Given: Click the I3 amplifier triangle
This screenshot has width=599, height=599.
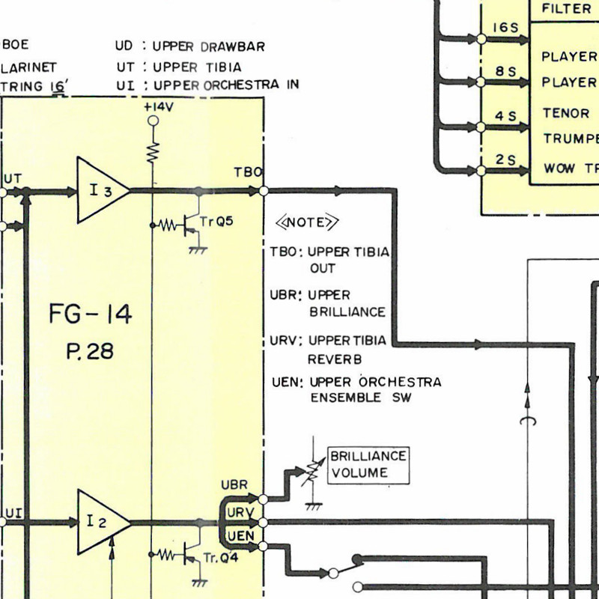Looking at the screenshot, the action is click(103, 190).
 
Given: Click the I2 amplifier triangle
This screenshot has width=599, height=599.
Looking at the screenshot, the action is click(103, 522).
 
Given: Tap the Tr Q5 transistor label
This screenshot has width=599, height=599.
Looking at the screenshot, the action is click(216, 222).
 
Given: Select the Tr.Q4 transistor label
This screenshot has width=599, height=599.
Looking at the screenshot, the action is click(220, 558).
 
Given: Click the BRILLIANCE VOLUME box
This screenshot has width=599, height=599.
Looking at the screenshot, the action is click(368, 465).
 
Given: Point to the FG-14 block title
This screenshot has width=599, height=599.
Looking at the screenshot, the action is click(91, 314).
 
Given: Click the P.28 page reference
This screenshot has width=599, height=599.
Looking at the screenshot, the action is click(90, 351).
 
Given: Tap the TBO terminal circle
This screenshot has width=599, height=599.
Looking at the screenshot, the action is click(264, 191).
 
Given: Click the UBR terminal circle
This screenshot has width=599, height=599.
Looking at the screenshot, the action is click(263, 499).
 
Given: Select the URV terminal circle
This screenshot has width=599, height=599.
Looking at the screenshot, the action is click(263, 522).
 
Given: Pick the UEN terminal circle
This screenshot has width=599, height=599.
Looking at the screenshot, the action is click(263, 547).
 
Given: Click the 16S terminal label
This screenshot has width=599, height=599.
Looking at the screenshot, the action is click(505, 28).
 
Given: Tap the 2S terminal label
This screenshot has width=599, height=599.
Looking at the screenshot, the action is click(506, 159).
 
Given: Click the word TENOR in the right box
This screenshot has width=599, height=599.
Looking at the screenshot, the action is click(566, 113).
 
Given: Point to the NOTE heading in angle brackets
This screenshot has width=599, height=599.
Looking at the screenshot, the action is click(307, 222).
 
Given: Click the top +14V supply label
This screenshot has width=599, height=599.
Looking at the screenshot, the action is click(159, 107).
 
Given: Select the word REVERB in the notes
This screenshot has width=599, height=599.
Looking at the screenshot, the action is click(335, 359).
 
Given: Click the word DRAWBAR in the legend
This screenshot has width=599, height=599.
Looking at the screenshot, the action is click(233, 46).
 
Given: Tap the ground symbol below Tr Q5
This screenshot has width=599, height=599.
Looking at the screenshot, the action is click(198, 250).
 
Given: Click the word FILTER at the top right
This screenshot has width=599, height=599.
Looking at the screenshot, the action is click(566, 8).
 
